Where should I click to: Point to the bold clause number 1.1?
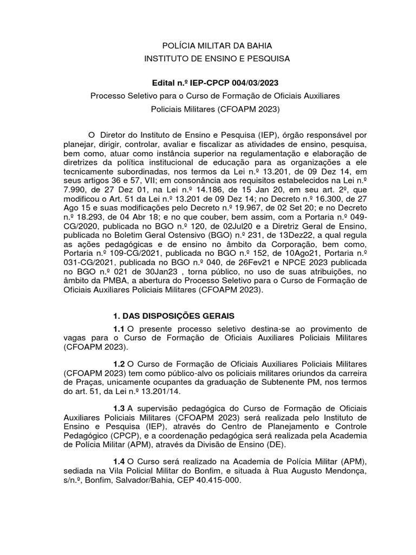tap(119, 329)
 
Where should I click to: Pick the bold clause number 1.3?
tap(119, 408)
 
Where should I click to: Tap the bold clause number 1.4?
tap(119, 461)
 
